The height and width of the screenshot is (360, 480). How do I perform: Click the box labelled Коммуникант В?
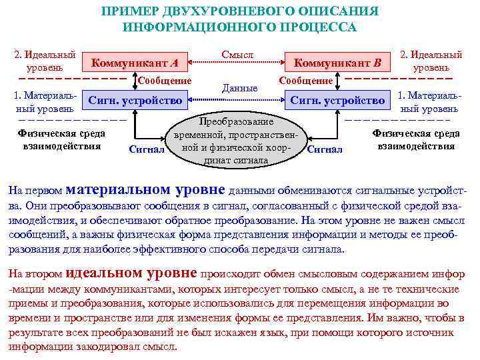tap(338, 63)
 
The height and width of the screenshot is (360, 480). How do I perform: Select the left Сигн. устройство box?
tap(135, 101)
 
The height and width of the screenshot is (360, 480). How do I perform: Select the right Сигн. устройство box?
tap(338, 101)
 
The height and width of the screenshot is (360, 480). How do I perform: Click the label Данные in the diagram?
tap(239, 87)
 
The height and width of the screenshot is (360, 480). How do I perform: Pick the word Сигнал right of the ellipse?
tap(325, 149)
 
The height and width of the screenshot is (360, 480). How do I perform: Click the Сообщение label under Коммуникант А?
tap(165, 81)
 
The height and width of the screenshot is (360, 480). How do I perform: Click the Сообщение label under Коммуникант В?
tap(306, 81)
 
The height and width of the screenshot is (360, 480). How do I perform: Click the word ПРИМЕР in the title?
tap(129, 12)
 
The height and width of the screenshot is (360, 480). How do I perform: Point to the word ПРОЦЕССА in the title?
tap(320, 28)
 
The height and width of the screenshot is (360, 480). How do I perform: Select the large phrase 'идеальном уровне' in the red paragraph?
tap(131, 273)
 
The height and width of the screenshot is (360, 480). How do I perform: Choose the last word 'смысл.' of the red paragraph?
tap(162, 347)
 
